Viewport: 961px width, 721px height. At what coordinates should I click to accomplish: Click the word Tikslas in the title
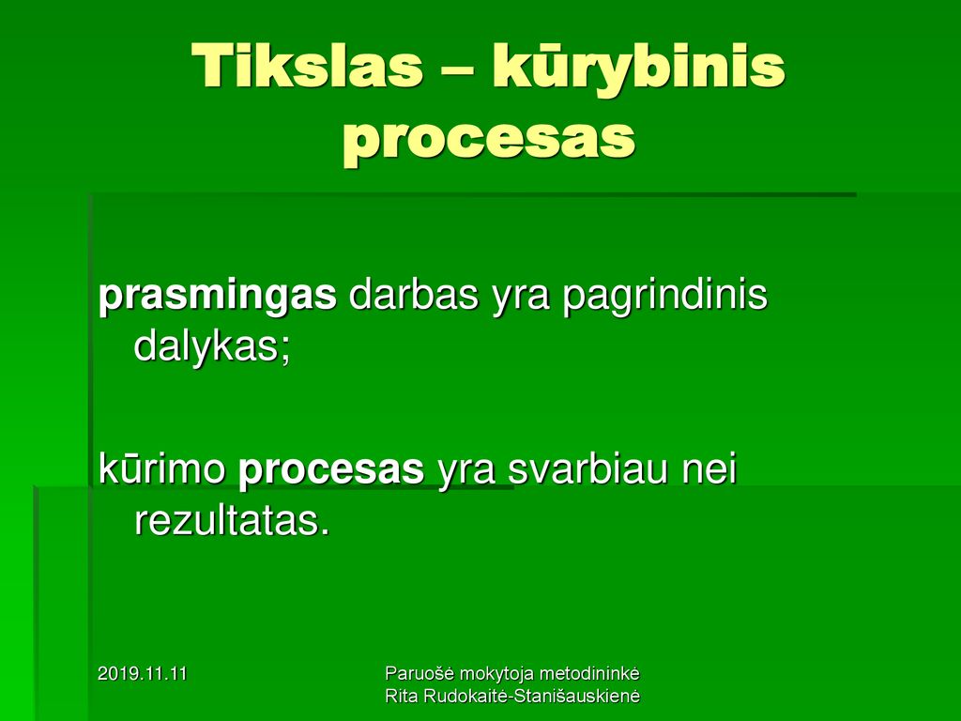click(307, 65)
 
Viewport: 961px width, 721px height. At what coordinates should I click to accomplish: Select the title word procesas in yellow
click(488, 141)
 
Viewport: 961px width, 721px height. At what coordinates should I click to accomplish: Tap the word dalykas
click(211, 347)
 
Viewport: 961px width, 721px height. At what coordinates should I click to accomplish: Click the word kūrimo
click(161, 469)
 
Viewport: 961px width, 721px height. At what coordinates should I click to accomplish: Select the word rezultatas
click(233, 521)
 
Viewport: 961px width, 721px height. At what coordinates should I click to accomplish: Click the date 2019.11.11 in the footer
click(143, 674)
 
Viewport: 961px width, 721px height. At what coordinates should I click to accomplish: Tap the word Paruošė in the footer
click(419, 673)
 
